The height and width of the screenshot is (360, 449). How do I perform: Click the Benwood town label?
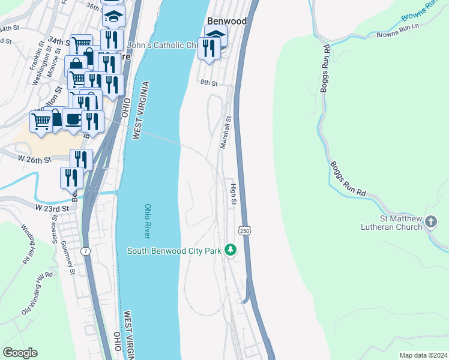tap(226, 21)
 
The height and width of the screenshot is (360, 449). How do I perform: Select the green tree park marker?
tap(230, 250)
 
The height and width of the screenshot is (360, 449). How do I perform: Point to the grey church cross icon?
tap(430, 223)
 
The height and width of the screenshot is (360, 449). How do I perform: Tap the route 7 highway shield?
tap(87, 250)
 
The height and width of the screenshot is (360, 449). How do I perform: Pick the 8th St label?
tap(208, 82)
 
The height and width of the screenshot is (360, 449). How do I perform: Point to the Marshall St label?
tap(225, 133)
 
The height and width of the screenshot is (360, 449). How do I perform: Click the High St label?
tap(233, 194)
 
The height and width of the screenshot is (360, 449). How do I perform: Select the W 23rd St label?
tap(52, 208)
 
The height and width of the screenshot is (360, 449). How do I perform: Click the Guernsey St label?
tap(72, 263)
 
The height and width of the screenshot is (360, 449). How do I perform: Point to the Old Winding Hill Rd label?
tap(37, 293)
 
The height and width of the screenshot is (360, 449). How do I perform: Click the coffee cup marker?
tap(73, 119)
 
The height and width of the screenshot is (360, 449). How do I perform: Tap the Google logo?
tap(20, 353)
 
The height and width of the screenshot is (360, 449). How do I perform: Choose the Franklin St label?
tap(34, 55)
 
